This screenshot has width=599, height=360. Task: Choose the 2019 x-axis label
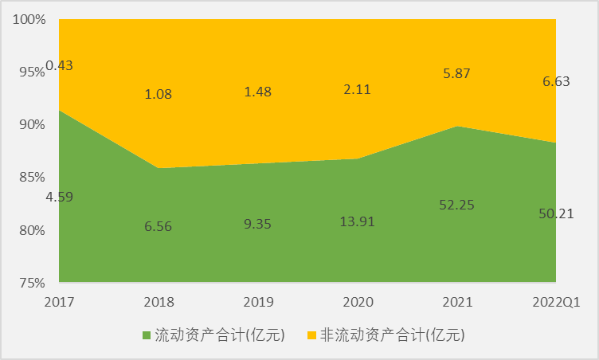[258, 303]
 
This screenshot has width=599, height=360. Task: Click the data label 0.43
[60, 65]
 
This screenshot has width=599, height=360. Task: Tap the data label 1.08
[159, 94]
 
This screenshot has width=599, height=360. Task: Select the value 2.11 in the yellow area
[357, 91]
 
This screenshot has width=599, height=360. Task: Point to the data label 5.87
[457, 73]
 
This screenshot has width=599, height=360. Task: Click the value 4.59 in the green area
[60, 196]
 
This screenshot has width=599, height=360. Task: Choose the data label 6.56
[159, 225]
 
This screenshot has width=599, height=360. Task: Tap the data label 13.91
[357, 224]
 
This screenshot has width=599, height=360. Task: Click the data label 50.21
[556, 213]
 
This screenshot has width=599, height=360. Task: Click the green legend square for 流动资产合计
[147, 335]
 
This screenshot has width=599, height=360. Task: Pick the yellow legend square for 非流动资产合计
[312, 335]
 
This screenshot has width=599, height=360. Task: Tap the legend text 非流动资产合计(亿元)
[391, 335]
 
